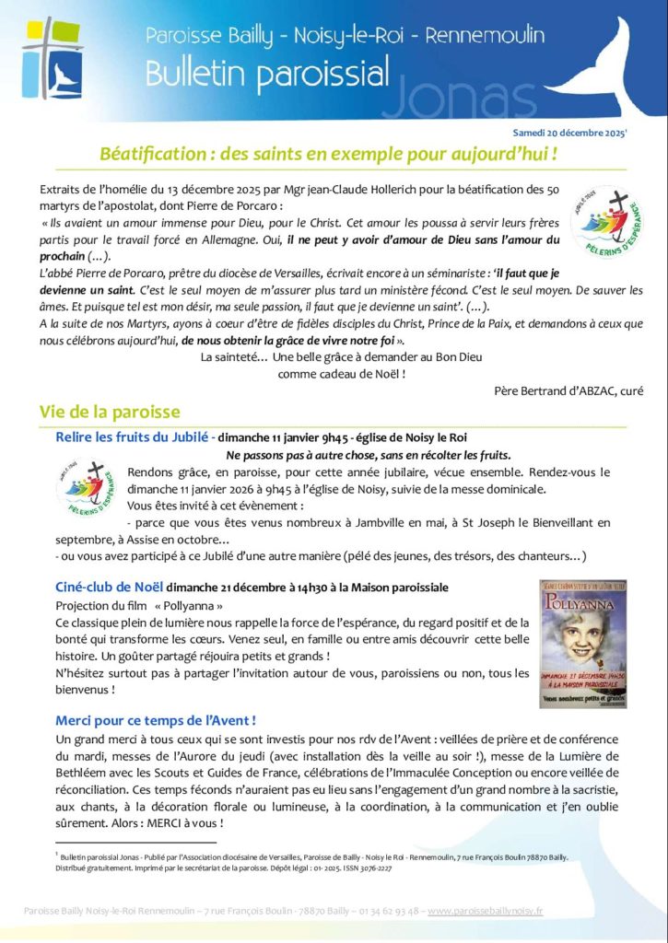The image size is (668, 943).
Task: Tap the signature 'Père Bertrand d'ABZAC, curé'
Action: tap(568, 390)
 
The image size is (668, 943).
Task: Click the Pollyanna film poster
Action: tap(582, 644)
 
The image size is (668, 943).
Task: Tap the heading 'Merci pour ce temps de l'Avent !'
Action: tap(155, 719)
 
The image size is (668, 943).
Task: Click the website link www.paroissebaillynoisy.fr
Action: tap(486, 911)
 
